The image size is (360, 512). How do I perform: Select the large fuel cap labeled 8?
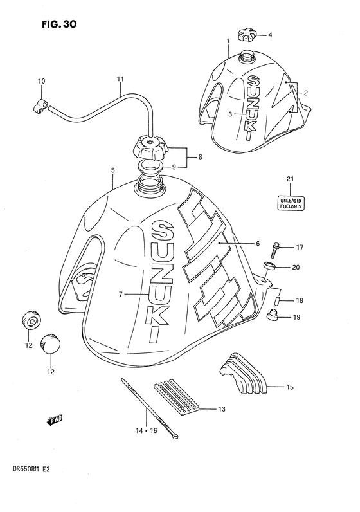149,151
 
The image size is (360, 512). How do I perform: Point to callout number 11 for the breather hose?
120,80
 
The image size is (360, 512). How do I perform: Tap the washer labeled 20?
271,267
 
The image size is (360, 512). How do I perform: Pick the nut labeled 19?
272,315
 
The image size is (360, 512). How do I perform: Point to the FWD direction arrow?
54,421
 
